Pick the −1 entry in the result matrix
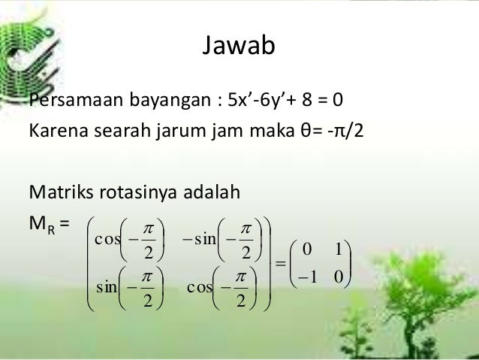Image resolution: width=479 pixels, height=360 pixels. tap(306, 277)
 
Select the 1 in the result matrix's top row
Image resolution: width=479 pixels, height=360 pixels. tap(339, 249)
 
